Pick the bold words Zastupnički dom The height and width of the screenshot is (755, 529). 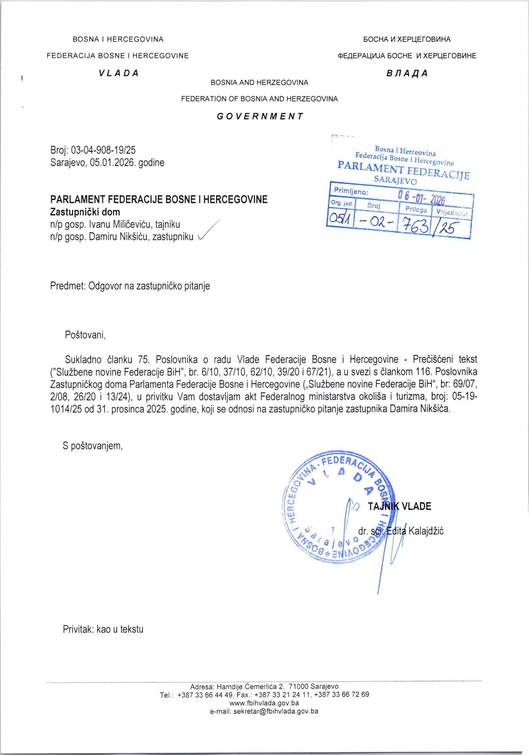point(85,212)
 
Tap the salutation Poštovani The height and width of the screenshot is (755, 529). point(85,335)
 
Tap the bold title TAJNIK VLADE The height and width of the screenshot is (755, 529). point(399,506)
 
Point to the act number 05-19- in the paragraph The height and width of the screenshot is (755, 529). point(464,397)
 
